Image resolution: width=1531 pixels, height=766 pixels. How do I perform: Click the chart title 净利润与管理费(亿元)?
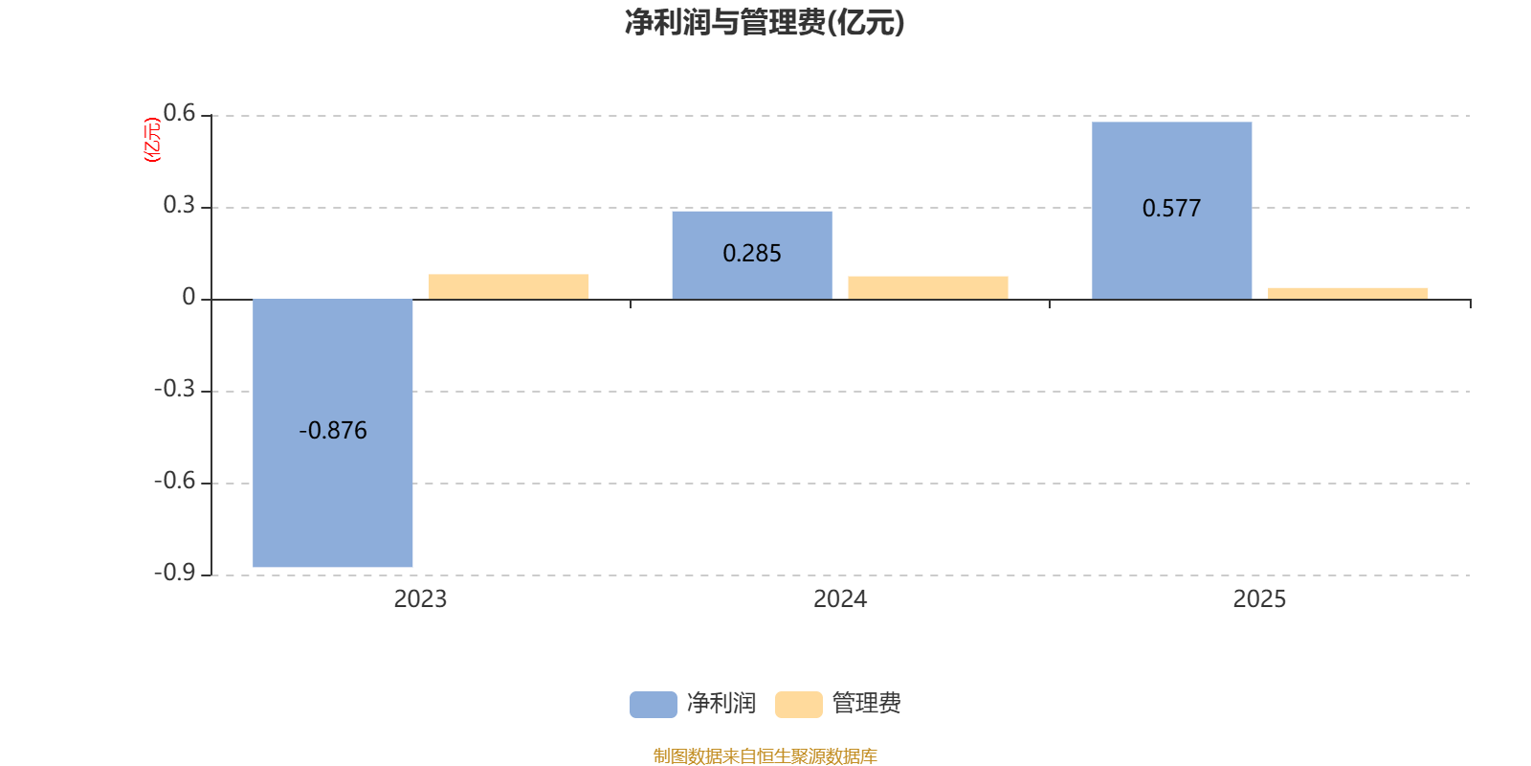coord(765,23)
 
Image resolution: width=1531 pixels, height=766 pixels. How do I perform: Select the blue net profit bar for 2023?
coord(333,433)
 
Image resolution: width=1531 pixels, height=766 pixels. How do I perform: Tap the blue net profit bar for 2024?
coord(752,255)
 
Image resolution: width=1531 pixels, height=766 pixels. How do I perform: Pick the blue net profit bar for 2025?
coord(1171,211)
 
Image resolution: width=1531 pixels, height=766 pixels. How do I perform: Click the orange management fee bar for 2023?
coord(508,286)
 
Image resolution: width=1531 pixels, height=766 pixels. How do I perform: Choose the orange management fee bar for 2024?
coord(928,288)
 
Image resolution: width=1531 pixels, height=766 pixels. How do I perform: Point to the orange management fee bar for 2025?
coord(1348,293)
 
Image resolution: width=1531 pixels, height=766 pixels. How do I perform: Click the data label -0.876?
coord(333,430)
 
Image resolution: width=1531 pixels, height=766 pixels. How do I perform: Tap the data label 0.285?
coord(752,254)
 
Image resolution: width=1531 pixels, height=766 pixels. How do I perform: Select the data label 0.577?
coord(1171,208)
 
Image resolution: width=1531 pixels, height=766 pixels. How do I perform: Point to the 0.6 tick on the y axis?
coord(179,114)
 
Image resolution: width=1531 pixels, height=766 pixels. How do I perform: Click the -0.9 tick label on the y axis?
coord(175,573)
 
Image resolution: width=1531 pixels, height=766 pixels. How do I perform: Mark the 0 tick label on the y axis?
coord(189,297)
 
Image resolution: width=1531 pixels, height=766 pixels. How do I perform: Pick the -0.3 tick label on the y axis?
coord(175,389)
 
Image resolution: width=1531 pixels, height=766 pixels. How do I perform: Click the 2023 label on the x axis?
coord(420,599)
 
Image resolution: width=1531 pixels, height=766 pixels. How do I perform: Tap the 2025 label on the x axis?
coord(1259,599)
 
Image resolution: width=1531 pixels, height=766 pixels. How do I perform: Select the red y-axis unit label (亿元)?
coord(152,140)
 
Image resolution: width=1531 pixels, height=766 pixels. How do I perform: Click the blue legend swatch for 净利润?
coord(654,705)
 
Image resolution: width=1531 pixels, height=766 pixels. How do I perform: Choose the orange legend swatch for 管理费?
coord(799,705)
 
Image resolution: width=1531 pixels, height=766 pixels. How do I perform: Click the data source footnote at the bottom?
coord(765,755)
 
